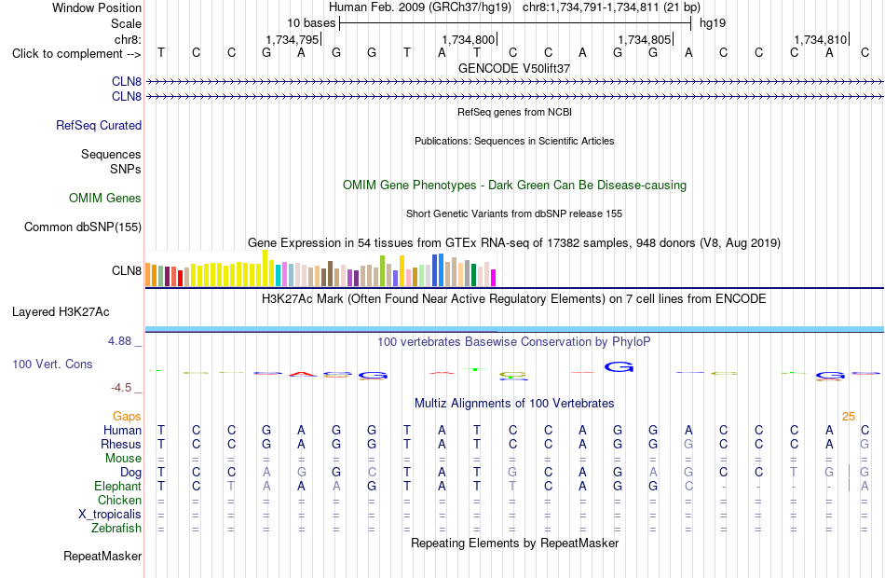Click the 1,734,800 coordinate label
click(x=468, y=39)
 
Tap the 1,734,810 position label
click(x=820, y=39)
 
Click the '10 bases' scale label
click(x=311, y=23)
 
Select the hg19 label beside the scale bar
click(x=713, y=23)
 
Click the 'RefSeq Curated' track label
click(x=99, y=126)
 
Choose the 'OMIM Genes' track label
click(x=105, y=198)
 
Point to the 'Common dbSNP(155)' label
click(x=83, y=227)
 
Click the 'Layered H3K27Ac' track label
click(x=61, y=312)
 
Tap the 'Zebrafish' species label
click(x=116, y=528)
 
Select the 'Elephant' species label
click(x=118, y=486)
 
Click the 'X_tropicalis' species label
click(x=110, y=515)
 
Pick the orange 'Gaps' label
click(x=127, y=417)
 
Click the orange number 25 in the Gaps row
click(x=849, y=417)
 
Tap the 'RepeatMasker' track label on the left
click(x=102, y=557)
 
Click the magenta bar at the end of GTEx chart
click(x=494, y=278)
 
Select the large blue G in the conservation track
click(x=619, y=367)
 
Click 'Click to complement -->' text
click(x=76, y=54)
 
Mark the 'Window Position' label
click(x=97, y=7)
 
